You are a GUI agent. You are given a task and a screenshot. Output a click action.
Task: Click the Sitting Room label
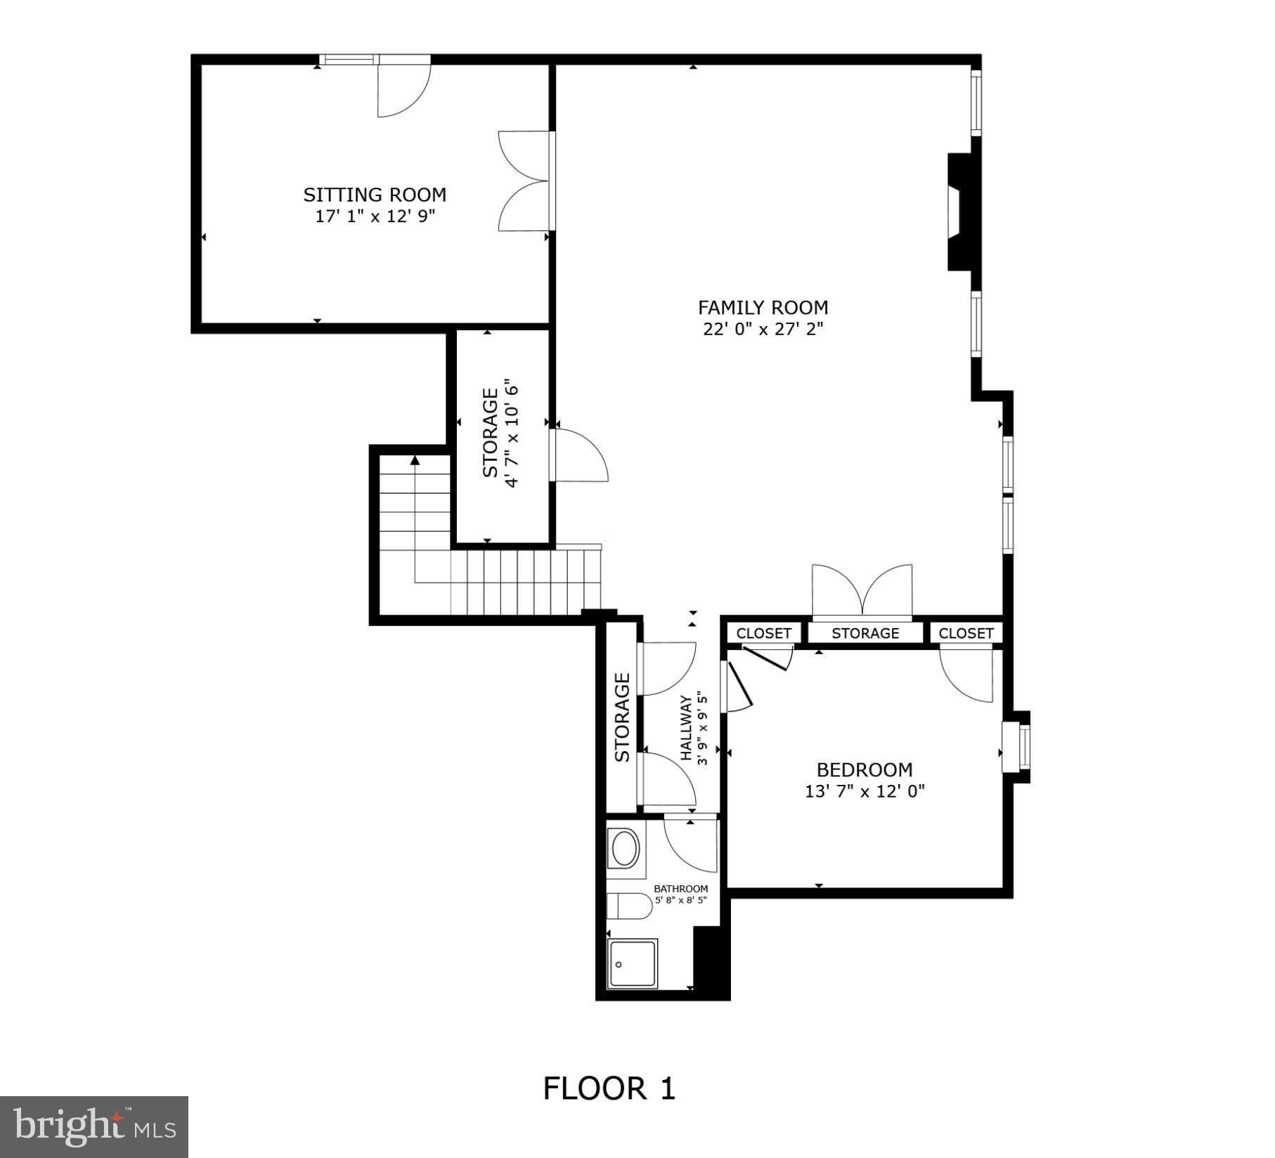(375, 195)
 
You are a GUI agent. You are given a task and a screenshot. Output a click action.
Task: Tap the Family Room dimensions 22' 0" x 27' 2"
(763, 329)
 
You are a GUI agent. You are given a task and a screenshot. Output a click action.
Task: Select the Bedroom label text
(865, 769)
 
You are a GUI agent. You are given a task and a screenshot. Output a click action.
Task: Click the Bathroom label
(680, 889)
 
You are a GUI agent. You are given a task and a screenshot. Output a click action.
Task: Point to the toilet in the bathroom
(629, 906)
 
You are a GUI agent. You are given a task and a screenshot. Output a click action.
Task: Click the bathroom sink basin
(625, 850)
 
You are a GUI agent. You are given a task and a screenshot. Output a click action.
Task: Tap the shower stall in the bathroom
(632, 964)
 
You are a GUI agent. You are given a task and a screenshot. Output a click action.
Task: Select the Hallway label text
(686, 728)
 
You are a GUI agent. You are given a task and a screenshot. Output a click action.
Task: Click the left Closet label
(763, 633)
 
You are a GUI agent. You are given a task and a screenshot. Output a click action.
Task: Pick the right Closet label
(966, 633)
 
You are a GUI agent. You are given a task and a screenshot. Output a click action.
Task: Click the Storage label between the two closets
(865, 633)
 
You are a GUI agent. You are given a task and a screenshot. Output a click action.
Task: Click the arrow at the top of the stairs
(415, 460)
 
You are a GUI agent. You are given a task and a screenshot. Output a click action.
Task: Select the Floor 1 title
(609, 1088)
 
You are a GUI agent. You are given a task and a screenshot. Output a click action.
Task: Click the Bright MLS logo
(93, 1126)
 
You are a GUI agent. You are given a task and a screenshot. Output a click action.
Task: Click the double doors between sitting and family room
(524, 181)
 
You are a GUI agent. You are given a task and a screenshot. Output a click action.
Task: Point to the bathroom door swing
(689, 843)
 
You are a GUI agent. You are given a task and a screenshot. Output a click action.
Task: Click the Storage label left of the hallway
(622, 717)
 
